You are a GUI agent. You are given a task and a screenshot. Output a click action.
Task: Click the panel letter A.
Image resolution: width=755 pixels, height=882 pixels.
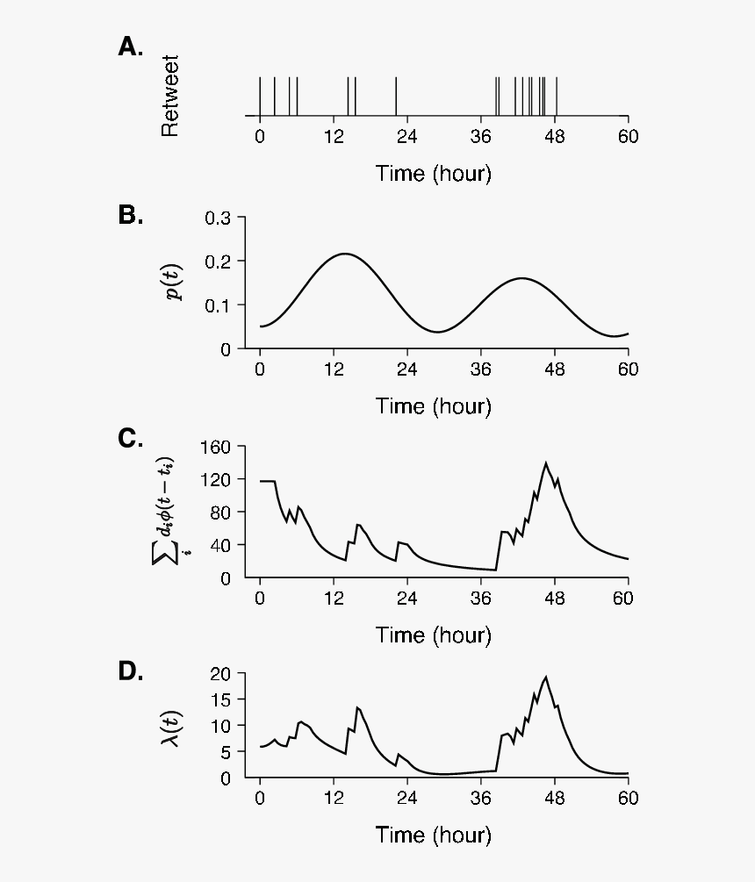pyautogui.click(x=130, y=47)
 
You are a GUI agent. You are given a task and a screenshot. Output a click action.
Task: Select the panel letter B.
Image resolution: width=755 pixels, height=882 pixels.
pyautogui.click(x=130, y=215)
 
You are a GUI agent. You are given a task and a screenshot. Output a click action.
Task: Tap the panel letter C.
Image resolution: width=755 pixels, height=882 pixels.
pyautogui.click(x=130, y=439)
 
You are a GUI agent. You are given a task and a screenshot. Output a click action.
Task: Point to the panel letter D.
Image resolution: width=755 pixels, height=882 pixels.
pyautogui.click(x=130, y=671)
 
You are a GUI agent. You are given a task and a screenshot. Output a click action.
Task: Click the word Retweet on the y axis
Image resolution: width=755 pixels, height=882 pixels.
pyautogui.click(x=169, y=97)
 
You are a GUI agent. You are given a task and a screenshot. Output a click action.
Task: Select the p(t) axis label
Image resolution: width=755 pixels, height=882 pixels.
pyautogui.click(x=175, y=282)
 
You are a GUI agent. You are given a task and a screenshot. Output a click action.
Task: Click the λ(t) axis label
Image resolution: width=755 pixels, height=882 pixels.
pyautogui.click(x=175, y=727)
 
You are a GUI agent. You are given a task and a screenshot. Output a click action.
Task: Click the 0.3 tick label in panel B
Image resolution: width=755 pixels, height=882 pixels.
pyautogui.click(x=218, y=218)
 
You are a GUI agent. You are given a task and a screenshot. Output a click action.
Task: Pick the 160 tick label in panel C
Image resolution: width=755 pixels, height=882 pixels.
pyautogui.click(x=214, y=447)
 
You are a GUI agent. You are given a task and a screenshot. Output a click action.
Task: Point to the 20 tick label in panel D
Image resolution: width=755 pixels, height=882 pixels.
pyautogui.click(x=221, y=673)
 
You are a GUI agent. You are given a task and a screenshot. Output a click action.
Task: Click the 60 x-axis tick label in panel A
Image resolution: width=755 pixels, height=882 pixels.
pyautogui.click(x=628, y=137)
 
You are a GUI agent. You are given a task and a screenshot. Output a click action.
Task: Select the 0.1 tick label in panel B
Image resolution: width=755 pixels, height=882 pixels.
pyautogui.click(x=218, y=305)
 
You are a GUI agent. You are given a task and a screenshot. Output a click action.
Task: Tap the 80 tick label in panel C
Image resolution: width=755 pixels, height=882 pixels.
pyautogui.click(x=219, y=513)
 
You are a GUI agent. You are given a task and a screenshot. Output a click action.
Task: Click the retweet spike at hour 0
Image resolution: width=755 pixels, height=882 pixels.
pyautogui.click(x=260, y=96)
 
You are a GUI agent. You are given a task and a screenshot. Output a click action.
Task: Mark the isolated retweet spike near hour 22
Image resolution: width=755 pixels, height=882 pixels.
pyautogui.click(x=396, y=96)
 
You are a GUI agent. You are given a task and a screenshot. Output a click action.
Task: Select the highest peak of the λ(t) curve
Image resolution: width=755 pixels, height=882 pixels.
pyautogui.click(x=546, y=677)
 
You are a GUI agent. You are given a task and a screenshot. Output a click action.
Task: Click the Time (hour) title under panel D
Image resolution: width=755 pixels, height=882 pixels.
pyautogui.click(x=434, y=834)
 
